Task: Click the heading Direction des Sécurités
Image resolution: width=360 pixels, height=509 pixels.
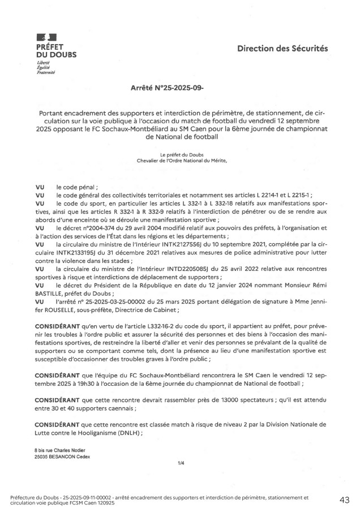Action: (x=282, y=49)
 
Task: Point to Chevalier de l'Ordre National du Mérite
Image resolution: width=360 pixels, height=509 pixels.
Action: (x=181, y=161)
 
